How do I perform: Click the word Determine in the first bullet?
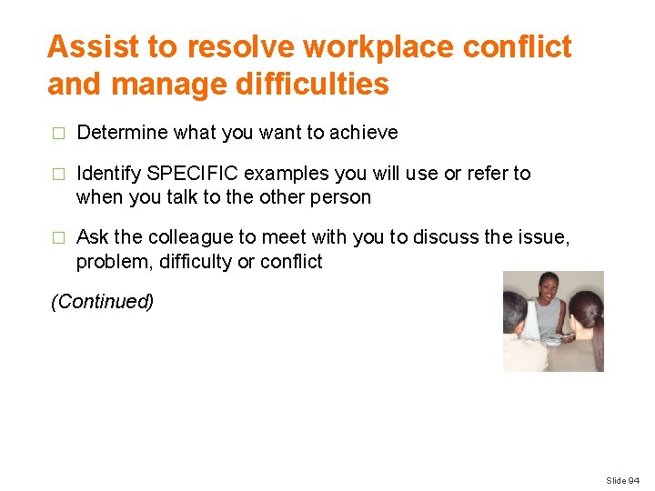click(123, 133)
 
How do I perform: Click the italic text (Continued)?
click(102, 302)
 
